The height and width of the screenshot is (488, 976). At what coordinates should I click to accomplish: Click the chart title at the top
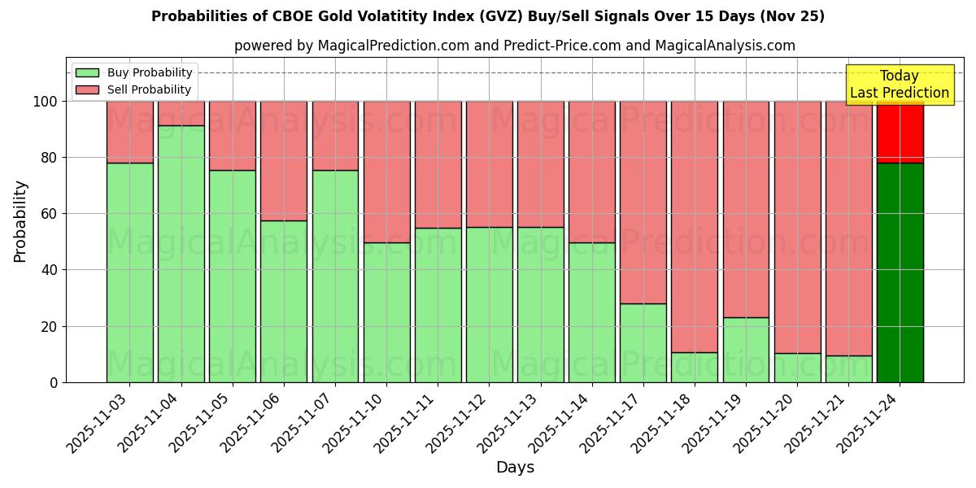[488, 16]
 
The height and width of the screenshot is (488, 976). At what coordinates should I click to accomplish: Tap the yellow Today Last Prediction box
[899, 85]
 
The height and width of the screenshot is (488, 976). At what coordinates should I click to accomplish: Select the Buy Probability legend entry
[134, 72]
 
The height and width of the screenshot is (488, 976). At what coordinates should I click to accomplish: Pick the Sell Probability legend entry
[134, 89]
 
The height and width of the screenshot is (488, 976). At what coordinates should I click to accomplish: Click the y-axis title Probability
[20, 220]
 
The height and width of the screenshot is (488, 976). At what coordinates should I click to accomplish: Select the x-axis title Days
[515, 468]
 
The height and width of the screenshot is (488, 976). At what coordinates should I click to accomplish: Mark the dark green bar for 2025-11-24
[900, 272]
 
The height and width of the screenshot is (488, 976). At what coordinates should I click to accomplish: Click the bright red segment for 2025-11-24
[900, 132]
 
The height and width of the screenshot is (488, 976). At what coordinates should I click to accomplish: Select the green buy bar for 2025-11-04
[181, 254]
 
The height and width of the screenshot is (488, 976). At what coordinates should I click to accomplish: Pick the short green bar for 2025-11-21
[848, 369]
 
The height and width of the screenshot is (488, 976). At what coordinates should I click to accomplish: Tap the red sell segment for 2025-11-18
[695, 226]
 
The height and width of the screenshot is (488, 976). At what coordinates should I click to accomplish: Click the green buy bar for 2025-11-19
[746, 350]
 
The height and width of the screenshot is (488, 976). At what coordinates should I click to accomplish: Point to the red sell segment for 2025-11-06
[284, 160]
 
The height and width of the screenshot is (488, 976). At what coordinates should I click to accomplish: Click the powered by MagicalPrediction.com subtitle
[515, 46]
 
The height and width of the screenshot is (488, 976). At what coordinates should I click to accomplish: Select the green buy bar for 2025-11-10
[386, 312]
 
